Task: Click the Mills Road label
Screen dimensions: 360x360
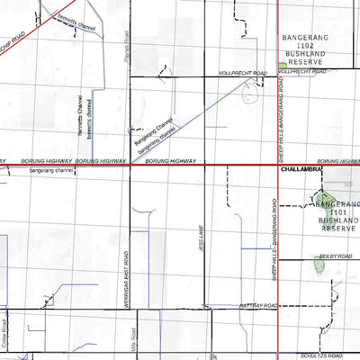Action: pyautogui.click(x=131, y=346)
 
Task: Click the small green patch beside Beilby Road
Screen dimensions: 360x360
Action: pyautogui.click(x=319, y=265)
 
